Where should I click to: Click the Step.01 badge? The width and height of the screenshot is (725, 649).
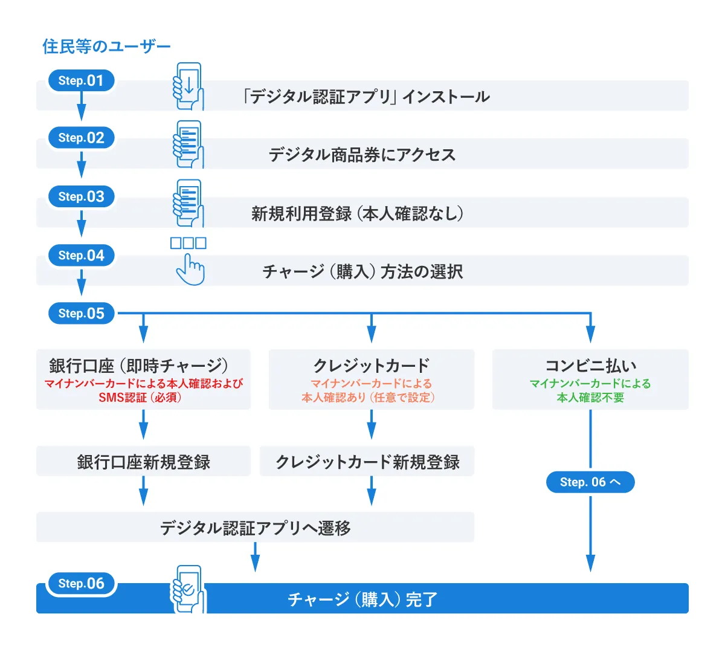(x=81, y=80)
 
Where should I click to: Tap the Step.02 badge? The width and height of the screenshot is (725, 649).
(x=81, y=138)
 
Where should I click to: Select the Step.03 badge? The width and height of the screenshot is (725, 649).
(x=81, y=196)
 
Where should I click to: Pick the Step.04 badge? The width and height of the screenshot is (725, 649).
(x=81, y=255)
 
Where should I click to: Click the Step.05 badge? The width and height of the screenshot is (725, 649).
(x=81, y=313)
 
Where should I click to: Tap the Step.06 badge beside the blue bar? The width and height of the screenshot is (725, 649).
(x=81, y=583)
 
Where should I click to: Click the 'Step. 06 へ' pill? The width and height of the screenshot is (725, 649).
(x=590, y=482)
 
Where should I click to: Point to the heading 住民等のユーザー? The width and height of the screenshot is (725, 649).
(x=106, y=47)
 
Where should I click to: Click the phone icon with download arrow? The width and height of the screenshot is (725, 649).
(x=188, y=86)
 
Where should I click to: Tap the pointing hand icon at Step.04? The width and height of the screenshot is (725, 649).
(x=190, y=269)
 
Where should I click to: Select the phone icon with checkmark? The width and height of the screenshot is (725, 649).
(x=188, y=589)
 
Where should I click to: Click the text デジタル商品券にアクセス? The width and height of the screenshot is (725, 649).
(x=362, y=155)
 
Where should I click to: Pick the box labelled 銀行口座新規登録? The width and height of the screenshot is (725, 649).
(x=143, y=462)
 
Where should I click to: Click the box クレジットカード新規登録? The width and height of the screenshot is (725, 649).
(x=367, y=462)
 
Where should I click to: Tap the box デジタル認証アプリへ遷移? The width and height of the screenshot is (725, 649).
(x=255, y=528)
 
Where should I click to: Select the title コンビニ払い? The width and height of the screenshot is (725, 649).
(x=590, y=366)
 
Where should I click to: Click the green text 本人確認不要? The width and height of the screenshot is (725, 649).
(x=590, y=398)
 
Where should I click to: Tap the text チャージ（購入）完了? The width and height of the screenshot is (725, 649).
(x=362, y=599)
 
